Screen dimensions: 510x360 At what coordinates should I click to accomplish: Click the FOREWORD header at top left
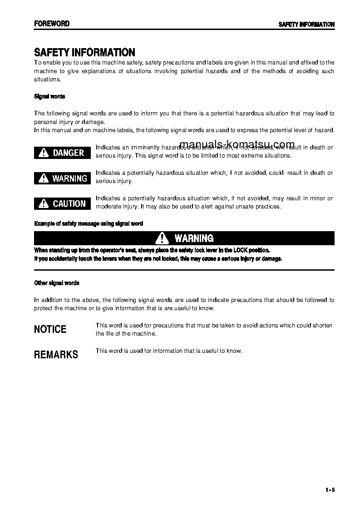[52, 24]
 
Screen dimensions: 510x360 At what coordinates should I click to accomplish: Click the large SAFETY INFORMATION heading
[84, 53]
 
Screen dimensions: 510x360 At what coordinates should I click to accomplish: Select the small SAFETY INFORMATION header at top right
[306, 25]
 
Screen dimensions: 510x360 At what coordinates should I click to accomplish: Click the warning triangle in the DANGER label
[44, 153]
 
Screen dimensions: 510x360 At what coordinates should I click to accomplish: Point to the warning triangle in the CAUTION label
[44, 204]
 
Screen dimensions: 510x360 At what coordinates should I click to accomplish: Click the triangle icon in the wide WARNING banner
[162, 238]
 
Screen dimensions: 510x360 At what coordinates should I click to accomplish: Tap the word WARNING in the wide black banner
[194, 238]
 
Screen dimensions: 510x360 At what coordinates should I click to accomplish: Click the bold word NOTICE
[50, 329]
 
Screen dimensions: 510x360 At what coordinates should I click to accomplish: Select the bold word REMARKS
[56, 355]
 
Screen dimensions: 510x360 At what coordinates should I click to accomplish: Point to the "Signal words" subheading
[49, 96]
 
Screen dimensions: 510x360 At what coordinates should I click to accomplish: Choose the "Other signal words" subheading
[57, 283]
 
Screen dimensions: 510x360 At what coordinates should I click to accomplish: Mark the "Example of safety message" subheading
[89, 223]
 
